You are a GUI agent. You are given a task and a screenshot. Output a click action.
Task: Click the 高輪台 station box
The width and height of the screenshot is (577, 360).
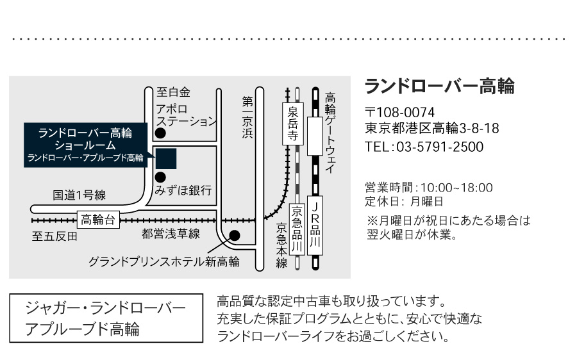pyautogui.click(x=98, y=220)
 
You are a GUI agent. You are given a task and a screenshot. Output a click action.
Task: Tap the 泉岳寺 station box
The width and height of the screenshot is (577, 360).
pyautogui.click(x=293, y=124)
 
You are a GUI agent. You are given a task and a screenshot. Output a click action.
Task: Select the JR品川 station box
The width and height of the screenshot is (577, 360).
pyautogui.click(x=315, y=225)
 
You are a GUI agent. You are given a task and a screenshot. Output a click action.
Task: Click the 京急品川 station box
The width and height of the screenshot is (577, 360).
pyautogui.click(x=297, y=229)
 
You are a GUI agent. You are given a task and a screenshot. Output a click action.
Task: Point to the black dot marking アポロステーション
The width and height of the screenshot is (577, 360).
pyautogui.click(x=160, y=133)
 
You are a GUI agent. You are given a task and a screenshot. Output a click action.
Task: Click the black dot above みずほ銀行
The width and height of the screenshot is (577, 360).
pyautogui.click(x=160, y=177)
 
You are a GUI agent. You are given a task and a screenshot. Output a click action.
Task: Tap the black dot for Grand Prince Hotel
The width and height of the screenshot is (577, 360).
pyautogui.click(x=235, y=235)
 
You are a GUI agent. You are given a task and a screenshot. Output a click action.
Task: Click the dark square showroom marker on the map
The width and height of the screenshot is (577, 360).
pyautogui.click(x=166, y=159)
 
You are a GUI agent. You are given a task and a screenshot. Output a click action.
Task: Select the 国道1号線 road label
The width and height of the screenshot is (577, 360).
pyautogui.click(x=79, y=195)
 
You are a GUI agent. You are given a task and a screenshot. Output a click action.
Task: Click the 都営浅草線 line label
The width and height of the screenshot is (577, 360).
pyautogui.click(x=171, y=234)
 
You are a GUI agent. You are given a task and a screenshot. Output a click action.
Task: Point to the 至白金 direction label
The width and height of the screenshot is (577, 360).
pyautogui.click(x=173, y=92)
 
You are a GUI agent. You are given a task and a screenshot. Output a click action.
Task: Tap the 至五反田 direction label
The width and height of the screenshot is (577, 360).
pyautogui.click(x=55, y=236)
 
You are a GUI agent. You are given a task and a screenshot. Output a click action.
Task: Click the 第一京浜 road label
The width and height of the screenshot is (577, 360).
pyautogui.click(x=247, y=117)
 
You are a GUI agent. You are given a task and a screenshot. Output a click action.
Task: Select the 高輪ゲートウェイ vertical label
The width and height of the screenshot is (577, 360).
pyautogui.click(x=330, y=133)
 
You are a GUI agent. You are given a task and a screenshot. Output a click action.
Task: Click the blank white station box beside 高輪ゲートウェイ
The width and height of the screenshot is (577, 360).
pyautogui.click(x=315, y=136)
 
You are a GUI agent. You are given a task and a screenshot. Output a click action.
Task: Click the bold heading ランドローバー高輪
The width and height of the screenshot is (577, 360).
pyautogui.click(x=439, y=86)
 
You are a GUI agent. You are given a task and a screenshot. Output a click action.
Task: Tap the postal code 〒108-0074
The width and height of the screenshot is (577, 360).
pyautogui.click(x=399, y=112)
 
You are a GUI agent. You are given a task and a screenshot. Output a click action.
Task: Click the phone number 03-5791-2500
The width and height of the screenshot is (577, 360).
pyautogui.click(x=440, y=147)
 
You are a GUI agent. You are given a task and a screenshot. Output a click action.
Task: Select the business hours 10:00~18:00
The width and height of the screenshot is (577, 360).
pyautogui.click(x=456, y=188)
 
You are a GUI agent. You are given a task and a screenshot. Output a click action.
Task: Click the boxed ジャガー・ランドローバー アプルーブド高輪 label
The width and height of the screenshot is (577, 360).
pyautogui.click(x=106, y=318)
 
